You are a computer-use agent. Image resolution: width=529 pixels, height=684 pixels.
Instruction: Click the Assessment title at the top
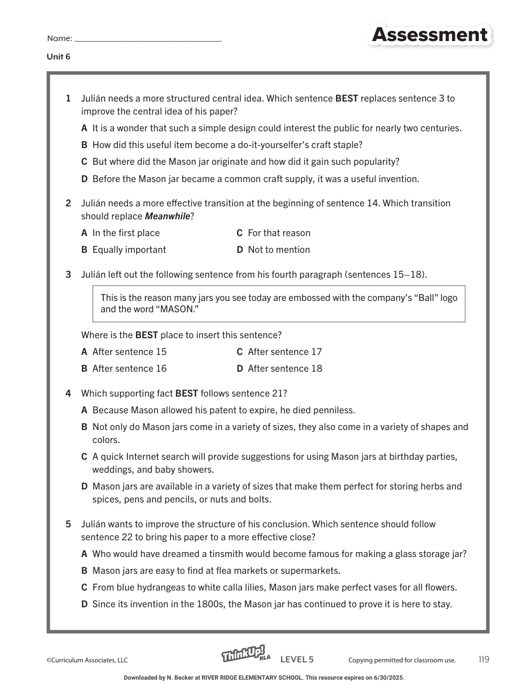pos(430,35)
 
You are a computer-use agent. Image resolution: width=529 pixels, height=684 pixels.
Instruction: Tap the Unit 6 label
pos(58,57)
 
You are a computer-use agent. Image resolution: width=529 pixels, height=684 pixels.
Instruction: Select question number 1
pos(68,98)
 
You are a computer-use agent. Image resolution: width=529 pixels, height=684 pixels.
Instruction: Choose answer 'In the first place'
pos(126,233)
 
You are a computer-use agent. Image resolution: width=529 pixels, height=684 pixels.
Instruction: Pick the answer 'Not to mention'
pos(279,250)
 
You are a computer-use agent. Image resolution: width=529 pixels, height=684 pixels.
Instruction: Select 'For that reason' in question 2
pos(279,233)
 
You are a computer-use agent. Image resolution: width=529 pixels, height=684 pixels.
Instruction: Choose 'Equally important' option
pos(129,250)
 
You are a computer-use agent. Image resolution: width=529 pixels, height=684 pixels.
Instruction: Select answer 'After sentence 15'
pos(129,352)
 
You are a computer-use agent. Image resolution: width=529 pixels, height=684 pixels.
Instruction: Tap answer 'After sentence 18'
pos(285,368)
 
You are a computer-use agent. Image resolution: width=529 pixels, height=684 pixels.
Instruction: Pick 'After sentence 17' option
pos(285,352)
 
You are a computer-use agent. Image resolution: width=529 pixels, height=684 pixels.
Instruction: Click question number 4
pos(68,393)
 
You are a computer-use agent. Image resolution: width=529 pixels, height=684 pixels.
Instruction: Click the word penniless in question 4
pos(334,410)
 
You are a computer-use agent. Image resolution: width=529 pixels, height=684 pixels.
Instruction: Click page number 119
pos(484,659)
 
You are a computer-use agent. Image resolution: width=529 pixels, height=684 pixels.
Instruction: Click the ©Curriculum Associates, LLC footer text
pos(87,660)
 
